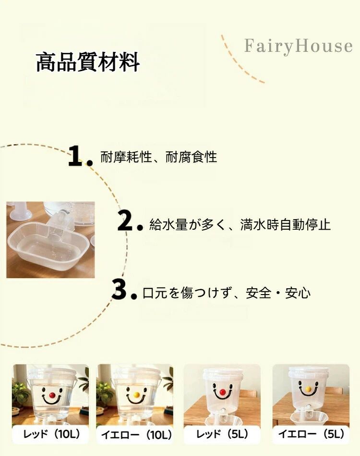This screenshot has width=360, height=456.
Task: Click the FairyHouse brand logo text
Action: coord(299,46)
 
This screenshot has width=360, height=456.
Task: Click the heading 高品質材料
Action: coord(88,62)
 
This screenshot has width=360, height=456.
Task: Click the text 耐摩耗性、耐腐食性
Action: coord(159,157)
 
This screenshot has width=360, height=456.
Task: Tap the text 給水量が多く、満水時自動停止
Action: coord(240,225)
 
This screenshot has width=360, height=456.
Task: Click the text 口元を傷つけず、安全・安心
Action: coord(227,293)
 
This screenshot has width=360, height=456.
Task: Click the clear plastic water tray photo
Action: coord(50,240)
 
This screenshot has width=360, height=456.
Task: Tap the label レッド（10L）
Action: coord(52,434)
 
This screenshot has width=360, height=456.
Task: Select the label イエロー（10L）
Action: coord(136,435)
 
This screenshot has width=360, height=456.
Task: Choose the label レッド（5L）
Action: coord(222,434)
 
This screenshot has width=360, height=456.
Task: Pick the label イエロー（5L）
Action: coord(311,434)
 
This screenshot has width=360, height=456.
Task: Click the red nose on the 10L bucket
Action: coord(52,395)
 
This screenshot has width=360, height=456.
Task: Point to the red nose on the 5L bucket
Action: coord(222,393)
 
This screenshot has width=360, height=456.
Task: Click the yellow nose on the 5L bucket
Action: coord(309,389)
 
